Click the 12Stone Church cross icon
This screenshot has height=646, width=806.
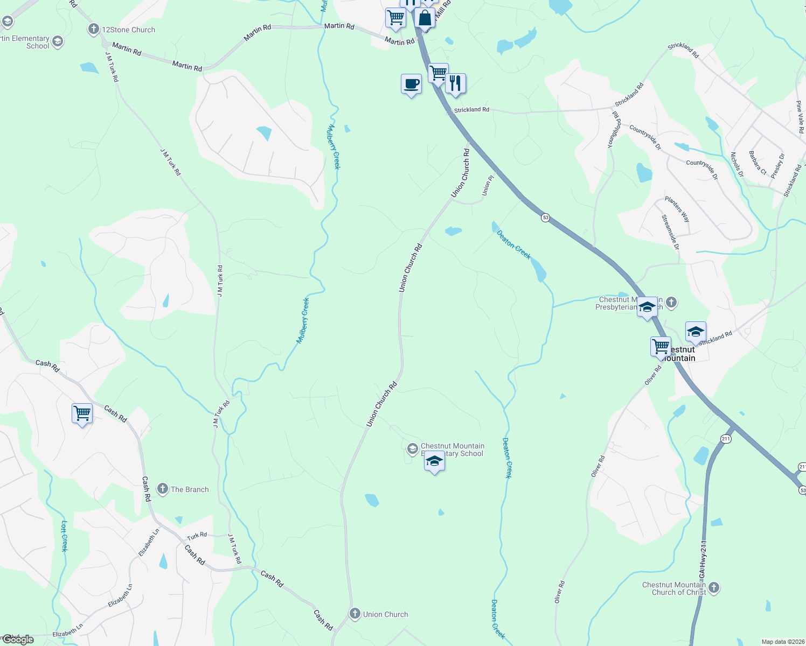point(94,29)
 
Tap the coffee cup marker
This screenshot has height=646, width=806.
point(411,85)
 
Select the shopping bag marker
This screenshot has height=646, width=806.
point(425,18)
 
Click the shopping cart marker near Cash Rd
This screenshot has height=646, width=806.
point(82,413)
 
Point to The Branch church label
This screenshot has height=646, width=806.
point(189,489)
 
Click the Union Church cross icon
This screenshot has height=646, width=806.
point(355,614)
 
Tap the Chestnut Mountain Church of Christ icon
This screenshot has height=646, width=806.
point(714,587)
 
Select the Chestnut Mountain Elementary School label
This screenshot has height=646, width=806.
point(452,450)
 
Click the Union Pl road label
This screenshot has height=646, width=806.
point(487,185)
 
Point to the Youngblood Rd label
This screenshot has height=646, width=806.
point(614,130)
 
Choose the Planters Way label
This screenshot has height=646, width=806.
point(677,209)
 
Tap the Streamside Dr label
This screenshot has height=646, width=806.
point(670,232)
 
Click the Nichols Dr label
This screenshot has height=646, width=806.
point(737,165)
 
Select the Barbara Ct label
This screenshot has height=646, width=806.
point(757,163)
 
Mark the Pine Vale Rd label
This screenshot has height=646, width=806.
point(800,117)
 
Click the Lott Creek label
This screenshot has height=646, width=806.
point(64,536)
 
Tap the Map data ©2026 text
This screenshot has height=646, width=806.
point(781,642)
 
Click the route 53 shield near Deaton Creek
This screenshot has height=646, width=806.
point(546,217)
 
